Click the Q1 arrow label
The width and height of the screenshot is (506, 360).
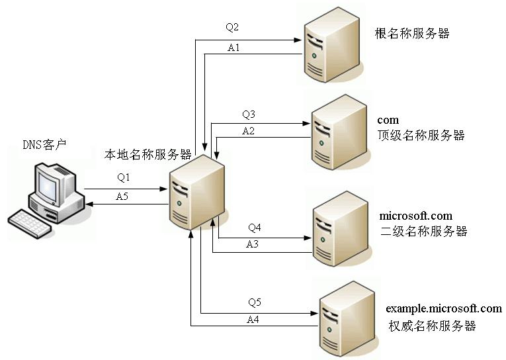[124, 177]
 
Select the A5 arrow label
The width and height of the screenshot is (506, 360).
[122, 197]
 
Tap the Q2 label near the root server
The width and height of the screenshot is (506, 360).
[232, 28]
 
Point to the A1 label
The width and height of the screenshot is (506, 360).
[233, 48]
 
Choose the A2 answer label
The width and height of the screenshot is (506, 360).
[249, 131]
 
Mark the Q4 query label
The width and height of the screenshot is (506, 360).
[255, 228]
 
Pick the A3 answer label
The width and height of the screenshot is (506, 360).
[253, 244]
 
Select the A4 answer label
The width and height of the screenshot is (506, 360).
[253, 320]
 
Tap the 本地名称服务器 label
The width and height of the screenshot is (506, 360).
[148, 155]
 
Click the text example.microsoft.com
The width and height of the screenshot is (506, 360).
[444, 308]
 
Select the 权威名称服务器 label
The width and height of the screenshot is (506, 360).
[433, 326]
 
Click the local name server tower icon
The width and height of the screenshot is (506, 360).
[197, 192]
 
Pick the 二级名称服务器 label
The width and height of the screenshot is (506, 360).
[424, 232]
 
